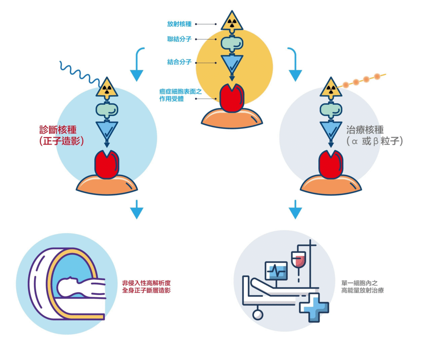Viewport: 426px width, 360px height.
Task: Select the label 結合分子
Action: (179, 62)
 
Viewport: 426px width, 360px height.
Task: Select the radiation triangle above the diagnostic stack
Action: (107, 88)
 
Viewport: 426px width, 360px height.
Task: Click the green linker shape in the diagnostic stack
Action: (107, 109)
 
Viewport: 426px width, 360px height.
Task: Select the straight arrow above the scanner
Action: (136, 209)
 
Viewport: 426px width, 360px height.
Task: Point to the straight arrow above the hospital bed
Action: (295, 209)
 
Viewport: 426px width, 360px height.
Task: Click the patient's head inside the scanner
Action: (66, 286)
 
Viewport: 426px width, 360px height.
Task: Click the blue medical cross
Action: (314, 307)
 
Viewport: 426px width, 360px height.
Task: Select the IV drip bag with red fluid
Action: (298, 261)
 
